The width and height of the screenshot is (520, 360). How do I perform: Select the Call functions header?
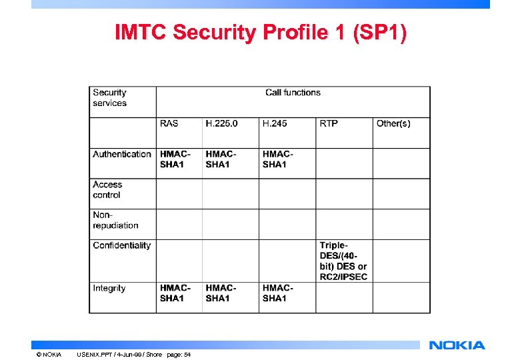coord(293,93)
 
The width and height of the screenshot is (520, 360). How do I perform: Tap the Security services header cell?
coord(109,98)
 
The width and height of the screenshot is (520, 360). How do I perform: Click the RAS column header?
coord(169,123)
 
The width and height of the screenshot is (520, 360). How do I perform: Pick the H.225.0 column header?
coord(221,123)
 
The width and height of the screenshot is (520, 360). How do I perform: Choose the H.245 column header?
coord(275,123)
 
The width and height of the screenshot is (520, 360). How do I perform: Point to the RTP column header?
coord(329,123)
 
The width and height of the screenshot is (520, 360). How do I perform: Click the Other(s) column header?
coord(393,123)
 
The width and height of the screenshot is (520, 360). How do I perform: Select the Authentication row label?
coord(122,154)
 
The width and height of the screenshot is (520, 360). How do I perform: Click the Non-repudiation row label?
coord(115,220)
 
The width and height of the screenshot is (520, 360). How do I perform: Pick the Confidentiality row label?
coord(122,245)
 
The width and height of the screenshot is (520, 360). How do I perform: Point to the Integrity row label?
coord(109,288)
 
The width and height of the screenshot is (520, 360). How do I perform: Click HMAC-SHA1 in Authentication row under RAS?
coord(175,159)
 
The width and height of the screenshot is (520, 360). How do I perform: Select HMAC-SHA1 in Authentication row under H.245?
coord(278,159)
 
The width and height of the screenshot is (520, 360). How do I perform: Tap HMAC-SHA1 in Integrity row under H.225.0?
coord(221,293)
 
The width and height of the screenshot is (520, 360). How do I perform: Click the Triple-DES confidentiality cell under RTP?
coord(343,261)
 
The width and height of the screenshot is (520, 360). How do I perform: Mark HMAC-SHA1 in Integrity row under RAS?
coord(175,293)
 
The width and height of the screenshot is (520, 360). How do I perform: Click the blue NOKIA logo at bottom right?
coord(457,345)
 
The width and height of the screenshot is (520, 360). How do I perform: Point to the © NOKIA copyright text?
coord(49,354)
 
